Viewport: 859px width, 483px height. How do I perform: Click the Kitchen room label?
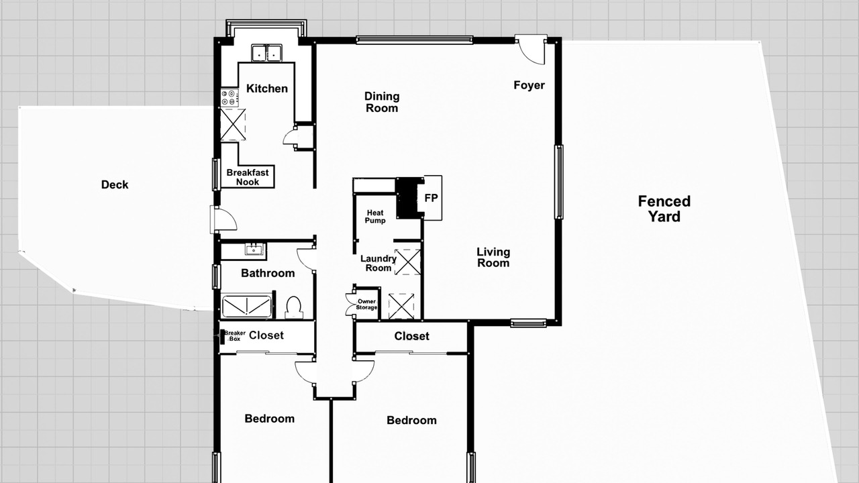[x=267, y=89]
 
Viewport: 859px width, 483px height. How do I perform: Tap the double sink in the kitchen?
[x=267, y=53]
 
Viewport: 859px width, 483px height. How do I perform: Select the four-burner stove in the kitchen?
[x=230, y=97]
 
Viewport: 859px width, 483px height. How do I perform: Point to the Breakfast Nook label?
[x=248, y=177]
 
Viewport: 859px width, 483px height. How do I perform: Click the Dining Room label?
[x=382, y=102]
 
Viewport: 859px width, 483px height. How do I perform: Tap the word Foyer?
[x=529, y=85]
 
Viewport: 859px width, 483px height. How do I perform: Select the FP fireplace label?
[x=432, y=198]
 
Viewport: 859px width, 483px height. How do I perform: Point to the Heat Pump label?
[x=375, y=217]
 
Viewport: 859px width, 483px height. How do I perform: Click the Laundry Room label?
[x=378, y=264]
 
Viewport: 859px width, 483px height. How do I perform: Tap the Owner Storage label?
[x=366, y=305]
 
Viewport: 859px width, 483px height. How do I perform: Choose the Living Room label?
[x=493, y=257]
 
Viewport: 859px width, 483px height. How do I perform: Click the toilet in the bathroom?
[x=294, y=307]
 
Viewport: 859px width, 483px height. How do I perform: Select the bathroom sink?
[x=254, y=250]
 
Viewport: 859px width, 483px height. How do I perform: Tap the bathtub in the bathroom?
[x=247, y=306]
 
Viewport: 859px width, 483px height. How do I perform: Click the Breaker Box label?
[x=235, y=336]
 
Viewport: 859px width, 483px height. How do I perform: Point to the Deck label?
[x=115, y=184]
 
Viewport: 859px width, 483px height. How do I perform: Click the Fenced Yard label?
[x=664, y=209]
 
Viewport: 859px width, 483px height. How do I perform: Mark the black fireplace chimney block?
[x=409, y=198]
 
